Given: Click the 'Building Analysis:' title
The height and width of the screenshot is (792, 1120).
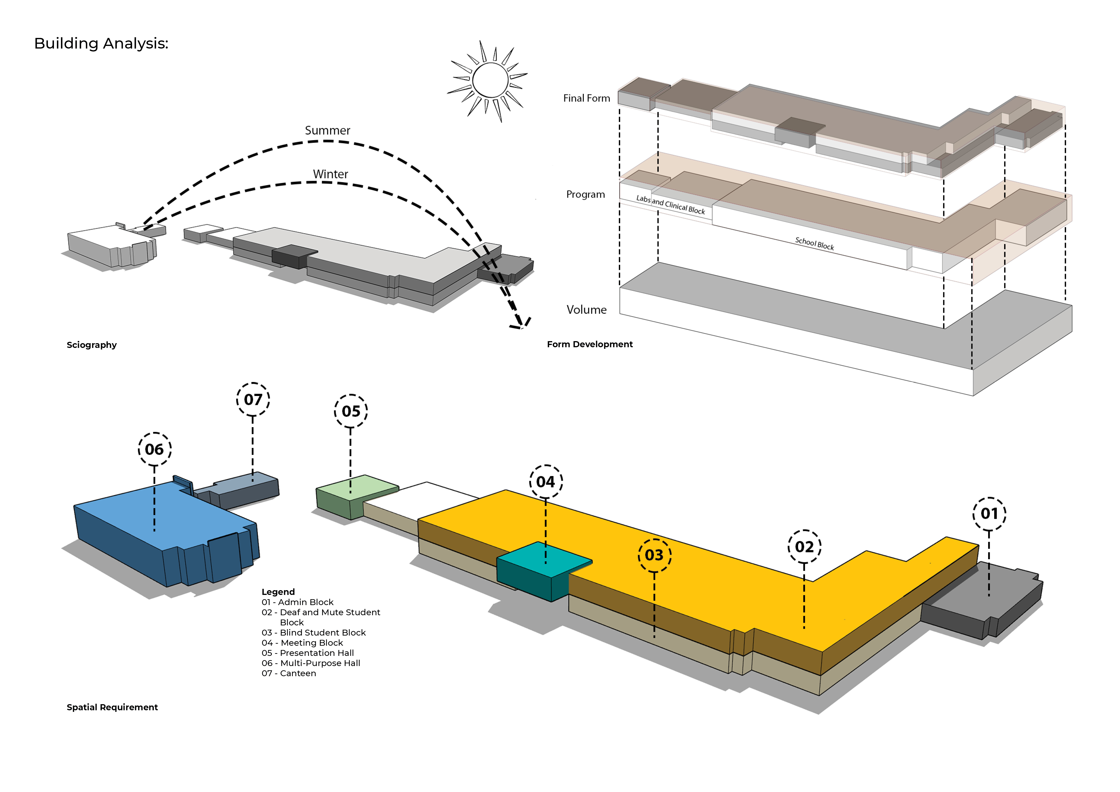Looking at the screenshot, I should (101, 43).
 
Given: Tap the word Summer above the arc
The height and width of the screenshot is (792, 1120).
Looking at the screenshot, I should (327, 131).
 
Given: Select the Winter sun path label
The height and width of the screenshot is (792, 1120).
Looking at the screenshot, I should (330, 174).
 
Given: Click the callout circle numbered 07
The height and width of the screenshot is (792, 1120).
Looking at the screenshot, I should (253, 399).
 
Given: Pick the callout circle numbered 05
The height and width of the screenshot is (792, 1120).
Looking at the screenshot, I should (351, 411).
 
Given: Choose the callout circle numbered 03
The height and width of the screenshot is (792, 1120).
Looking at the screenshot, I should (654, 555).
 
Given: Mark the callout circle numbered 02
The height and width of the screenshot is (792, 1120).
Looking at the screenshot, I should (804, 547).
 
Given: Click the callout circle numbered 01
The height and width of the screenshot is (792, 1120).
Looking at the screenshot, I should (989, 514).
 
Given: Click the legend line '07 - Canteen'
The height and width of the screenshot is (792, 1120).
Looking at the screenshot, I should (289, 673).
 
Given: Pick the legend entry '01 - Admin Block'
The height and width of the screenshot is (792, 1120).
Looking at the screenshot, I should (298, 602).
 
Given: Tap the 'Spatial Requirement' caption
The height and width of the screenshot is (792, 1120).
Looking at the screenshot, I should (112, 707).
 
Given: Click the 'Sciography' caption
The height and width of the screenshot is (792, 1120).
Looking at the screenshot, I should (92, 345).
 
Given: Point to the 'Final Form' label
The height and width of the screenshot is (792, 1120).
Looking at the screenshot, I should (586, 98).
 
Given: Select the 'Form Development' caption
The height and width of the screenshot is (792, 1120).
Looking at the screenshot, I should (590, 344).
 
